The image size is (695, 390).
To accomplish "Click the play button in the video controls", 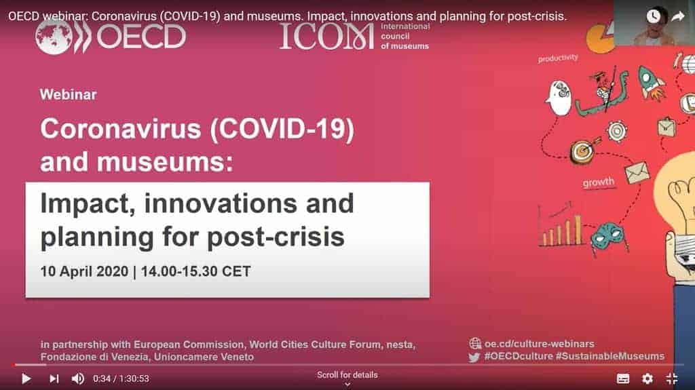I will (x=26, y=378).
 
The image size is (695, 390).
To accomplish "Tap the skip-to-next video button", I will (x=54, y=378).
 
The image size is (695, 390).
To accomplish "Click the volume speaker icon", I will (x=78, y=378).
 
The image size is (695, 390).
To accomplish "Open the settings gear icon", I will (x=647, y=378).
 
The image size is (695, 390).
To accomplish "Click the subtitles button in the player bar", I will (x=623, y=378).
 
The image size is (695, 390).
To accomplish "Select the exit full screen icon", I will (x=672, y=378).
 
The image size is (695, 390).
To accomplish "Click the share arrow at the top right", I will (x=677, y=16).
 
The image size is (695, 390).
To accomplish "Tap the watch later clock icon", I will (x=654, y=16).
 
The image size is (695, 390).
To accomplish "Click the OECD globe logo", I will (x=54, y=35).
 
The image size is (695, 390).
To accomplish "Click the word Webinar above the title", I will (x=68, y=94).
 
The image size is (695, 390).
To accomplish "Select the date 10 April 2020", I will (x=83, y=272).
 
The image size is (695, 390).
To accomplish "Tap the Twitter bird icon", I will (x=474, y=357).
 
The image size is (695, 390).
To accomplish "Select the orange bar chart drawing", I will (x=561, y=230).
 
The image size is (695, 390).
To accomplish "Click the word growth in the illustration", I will (x=598, y=182).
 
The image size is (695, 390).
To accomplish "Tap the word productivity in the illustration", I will (x=558, y=58).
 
